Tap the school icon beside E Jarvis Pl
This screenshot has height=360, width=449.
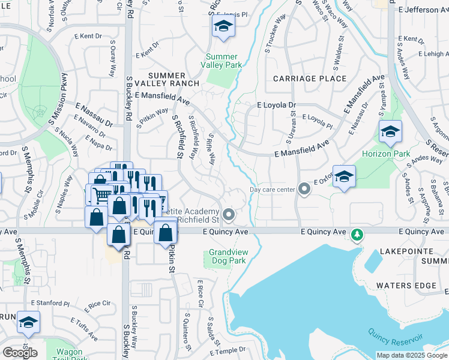(223, 26)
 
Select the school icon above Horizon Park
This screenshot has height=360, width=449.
(390, 133)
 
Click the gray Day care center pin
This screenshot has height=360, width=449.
(304, 190)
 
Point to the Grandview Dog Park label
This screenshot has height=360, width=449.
(228, 257)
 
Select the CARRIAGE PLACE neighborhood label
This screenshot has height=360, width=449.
(310, 79)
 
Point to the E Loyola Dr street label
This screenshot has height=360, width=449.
(276, 105)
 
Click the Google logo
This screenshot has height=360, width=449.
(20, 353)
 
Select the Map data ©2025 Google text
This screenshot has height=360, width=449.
(412, 355)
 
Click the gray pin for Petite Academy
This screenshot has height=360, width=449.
(228, 214)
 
